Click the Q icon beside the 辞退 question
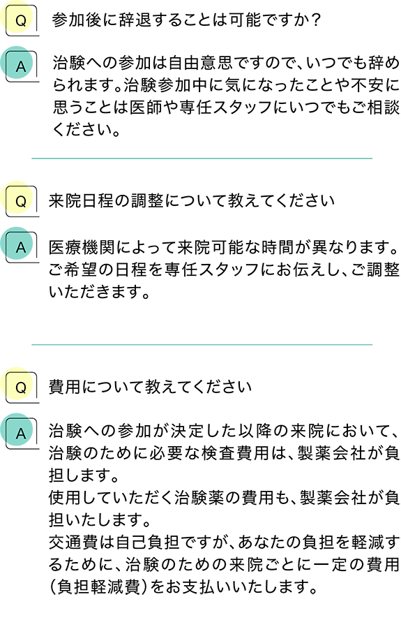20,20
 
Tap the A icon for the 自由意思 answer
20,66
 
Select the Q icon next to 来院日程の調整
20,201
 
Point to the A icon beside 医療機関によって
20,246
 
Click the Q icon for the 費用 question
20,387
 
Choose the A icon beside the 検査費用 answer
20,433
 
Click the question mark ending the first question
315,20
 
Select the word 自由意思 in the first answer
200,63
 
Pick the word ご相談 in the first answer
376,107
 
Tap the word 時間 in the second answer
278,248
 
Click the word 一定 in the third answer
331,564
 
